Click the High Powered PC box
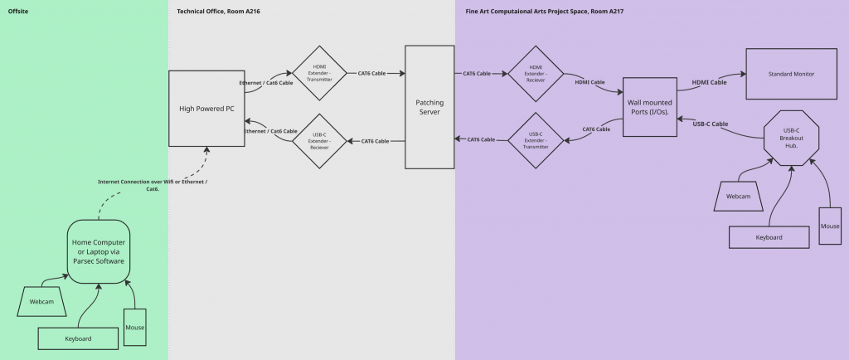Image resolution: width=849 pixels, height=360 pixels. (206, 109)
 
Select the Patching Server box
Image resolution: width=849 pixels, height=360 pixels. (429, 107)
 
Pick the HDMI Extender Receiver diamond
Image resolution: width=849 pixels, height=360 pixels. (536, 74)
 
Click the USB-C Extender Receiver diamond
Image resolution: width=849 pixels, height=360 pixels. (319, 141)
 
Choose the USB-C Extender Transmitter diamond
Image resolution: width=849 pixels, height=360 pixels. (536, 139)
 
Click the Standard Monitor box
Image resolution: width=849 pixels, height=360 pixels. (792, 74)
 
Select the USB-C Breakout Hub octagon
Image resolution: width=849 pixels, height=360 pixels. (791, 138)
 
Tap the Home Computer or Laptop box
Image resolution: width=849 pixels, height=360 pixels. (98, 250)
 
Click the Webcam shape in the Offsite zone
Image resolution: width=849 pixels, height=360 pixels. (41, 301)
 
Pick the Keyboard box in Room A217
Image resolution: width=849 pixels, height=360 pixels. (769, 236)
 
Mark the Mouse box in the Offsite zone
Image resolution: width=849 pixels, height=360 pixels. (134, 327)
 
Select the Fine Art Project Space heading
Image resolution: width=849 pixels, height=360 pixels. (544, 11)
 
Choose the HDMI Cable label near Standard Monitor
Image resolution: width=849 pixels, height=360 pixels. (709, 82)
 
